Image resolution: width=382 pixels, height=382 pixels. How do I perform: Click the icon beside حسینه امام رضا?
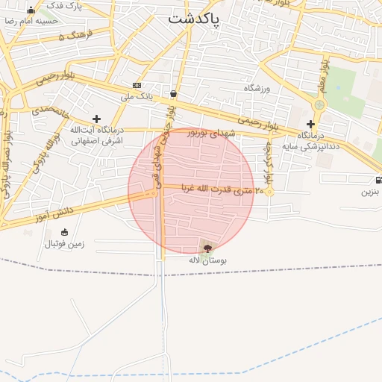(31, 10)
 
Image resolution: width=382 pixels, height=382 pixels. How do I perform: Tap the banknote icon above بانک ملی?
(137, 85)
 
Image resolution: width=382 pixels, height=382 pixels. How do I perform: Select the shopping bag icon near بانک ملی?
(173, 94)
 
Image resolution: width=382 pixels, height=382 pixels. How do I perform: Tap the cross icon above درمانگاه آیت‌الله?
(96, 119)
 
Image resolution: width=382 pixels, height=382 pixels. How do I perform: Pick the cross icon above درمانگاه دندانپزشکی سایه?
(310, 124)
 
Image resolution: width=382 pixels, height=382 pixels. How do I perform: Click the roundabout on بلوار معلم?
(319, 105)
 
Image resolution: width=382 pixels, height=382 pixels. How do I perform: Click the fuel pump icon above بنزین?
(378, 180)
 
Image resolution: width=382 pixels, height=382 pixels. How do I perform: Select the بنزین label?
(372, 192)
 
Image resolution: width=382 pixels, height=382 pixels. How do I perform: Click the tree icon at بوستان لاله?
(207, 247)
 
